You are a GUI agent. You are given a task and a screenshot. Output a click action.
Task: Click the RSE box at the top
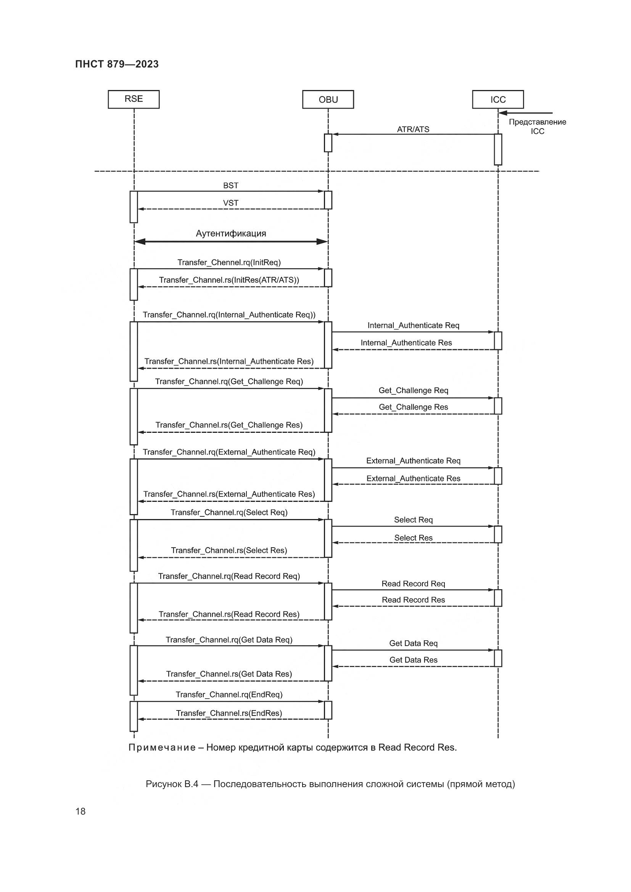coord(134,99)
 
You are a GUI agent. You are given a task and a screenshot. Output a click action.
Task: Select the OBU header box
coord(328,100)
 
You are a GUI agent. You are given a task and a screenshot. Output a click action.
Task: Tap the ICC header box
coord(498,100)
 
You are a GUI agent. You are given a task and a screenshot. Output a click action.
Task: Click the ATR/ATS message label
coord(413,129)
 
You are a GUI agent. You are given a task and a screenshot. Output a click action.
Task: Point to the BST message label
coord(230,186)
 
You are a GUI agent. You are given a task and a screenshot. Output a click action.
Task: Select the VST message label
coord(230,203)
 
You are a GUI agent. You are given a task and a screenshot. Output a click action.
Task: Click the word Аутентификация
coord(231,233)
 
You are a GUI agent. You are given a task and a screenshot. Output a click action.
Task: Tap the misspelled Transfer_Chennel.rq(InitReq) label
coord(229,263)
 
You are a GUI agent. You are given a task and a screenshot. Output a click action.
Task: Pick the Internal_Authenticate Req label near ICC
coord(413,326)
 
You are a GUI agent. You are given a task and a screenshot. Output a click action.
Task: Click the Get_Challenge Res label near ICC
coord(413,407)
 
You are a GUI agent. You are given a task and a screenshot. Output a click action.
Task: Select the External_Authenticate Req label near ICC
coord(413,461)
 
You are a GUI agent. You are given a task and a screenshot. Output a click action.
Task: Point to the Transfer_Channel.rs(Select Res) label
coord(229,551)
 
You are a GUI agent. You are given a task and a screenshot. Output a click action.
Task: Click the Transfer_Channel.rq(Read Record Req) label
coord(229,576)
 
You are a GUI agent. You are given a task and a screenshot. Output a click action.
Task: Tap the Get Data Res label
coord(413,660)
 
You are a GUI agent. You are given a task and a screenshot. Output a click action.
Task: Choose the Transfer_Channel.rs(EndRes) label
coord(229,713)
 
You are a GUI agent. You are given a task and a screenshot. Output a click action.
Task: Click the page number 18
coord(80,812)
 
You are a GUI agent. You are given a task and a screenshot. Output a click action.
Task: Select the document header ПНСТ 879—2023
coord(117,64)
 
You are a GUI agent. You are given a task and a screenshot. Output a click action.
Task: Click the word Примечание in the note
coord(162,747)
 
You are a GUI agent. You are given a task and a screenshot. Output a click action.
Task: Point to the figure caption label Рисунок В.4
coord(172,784)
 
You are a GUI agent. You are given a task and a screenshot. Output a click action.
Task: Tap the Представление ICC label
coord(538,127)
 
